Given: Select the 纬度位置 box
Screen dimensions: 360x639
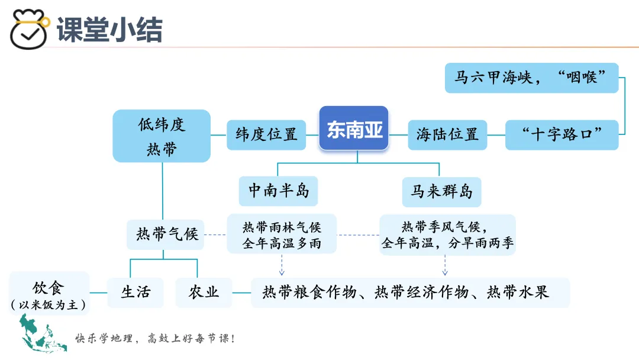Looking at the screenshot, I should point(266,134).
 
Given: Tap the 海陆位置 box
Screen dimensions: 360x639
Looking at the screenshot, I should point(447,134).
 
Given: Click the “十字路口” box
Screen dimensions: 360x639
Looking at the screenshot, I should point(561,134).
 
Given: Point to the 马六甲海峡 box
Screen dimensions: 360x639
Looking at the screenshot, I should point(531,78).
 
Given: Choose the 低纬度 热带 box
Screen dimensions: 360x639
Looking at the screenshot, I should point(162,136).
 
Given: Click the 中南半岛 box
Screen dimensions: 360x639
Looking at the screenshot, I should point(278,191).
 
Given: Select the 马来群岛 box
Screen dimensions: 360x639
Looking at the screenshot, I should point(441,191).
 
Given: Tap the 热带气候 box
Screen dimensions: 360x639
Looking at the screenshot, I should point(166,234).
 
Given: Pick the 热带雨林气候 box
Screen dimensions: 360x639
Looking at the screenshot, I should point(282,234).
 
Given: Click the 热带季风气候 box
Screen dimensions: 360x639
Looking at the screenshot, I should point(447,234).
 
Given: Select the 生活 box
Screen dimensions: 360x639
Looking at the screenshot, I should point(135,292).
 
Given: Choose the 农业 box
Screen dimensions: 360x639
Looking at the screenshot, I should point(204,292).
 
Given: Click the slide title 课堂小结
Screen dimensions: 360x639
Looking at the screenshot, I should point(109,30).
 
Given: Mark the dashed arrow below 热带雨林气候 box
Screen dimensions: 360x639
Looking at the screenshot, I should point(282,265).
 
